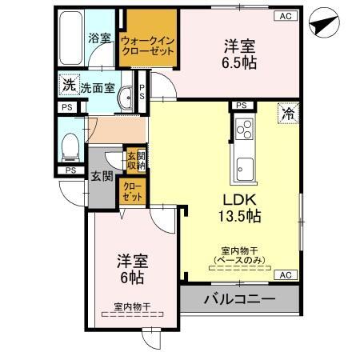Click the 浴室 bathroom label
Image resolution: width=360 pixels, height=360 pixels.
pyautogui.click(x=99, y=38)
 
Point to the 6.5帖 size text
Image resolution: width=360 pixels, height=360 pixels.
pyautogui.click(x=240, y=62)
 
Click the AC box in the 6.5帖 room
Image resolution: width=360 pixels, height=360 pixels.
pyautogui.click(x=285, y=15)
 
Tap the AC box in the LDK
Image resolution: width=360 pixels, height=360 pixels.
pyautogui.click(x=285, y=274)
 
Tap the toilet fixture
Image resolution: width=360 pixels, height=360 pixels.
pyautogui.click(x=70, y=146)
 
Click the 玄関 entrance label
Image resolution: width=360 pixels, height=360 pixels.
pyautogui.click(x=101, y=175)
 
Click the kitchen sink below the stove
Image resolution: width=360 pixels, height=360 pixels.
pyautogui.click(x=244, y=169)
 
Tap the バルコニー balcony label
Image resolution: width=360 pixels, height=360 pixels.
pyautogui.click(x=238, y=300)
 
